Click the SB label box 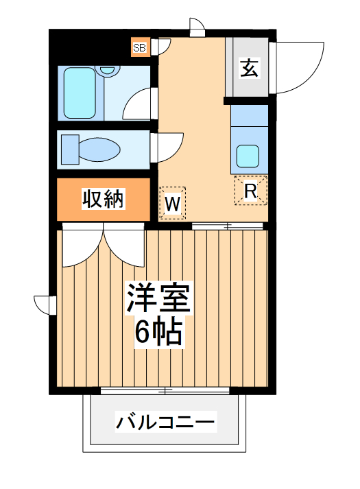click(x=140, y=47)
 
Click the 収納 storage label click(x=103, y=199)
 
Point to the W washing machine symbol click(x=172, y=203)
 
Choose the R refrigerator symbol click(x=250, y=191)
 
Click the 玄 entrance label click(x=249, y=69)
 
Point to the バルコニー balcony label click(x=165, y=420)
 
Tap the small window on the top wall click(x=197, y=27)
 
